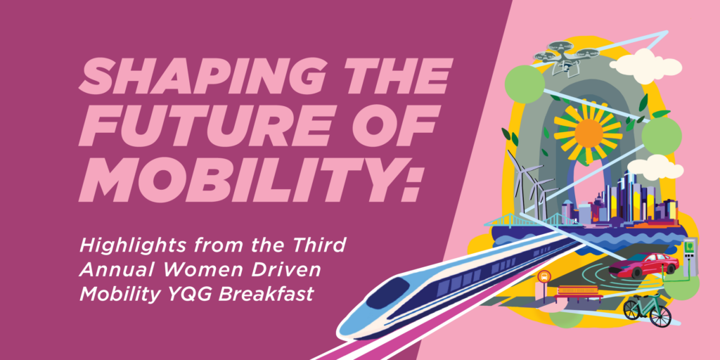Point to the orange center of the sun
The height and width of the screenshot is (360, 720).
pos(589,133)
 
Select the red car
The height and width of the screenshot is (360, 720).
pos(644,265)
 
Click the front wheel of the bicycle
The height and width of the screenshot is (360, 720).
pos(660,316)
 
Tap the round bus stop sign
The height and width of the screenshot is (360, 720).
pos(544,276)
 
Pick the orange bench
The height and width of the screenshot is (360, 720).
pos(579,294)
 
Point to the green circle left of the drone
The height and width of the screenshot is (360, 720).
pos(525,84)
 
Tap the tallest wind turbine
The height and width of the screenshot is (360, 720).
pos(520,176)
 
